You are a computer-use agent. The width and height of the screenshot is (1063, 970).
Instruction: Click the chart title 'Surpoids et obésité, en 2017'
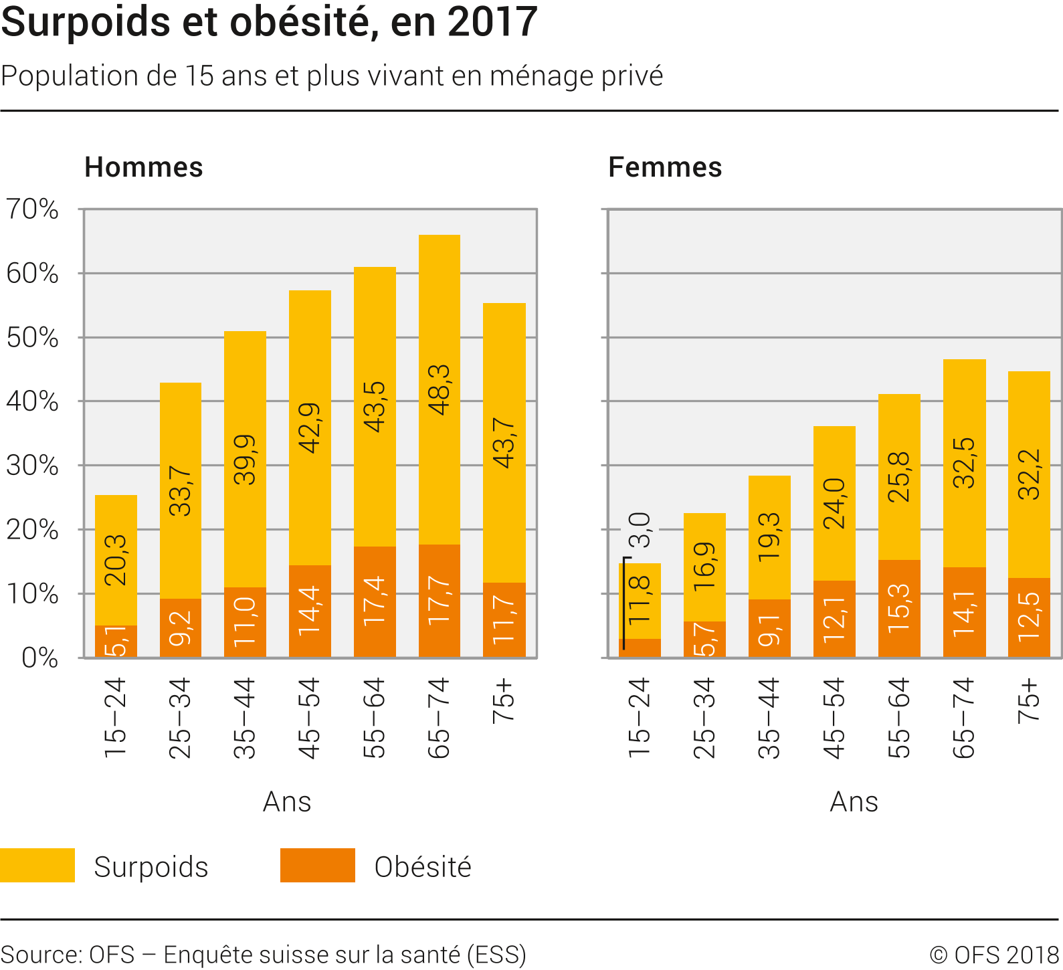click(x=269, y=21)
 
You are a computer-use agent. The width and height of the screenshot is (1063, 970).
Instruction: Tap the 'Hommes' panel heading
click(x=143, y=167)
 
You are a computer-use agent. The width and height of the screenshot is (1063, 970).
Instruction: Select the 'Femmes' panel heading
click(x=665, y=167)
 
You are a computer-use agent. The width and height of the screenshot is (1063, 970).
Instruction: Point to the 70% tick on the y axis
click(x=32, y=209)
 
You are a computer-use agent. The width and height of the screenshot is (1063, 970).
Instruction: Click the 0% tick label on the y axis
click(x=39, y=658)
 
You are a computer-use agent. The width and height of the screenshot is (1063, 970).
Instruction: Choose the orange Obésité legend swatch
click(x=317, y=866)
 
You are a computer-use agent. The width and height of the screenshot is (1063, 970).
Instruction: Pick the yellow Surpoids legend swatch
click(x=37, y=866)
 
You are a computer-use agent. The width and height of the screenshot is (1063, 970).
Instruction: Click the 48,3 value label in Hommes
click(x=440, y=390)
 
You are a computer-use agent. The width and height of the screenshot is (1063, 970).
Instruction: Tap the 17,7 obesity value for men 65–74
click(x=440, y=600)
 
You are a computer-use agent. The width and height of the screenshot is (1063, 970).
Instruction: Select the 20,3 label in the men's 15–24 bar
click(x=116, y=560)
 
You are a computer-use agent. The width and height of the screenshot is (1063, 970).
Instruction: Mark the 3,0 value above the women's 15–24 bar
click(x=640, y=530)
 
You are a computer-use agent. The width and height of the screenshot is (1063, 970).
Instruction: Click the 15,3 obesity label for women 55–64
click(x=899, y=607)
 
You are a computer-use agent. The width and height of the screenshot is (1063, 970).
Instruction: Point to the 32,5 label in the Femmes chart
click(x=964, y=463)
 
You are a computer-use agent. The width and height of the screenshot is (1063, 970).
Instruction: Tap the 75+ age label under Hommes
click(x=504, y=701)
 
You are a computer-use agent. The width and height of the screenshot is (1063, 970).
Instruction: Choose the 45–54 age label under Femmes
click(x=834, y=718)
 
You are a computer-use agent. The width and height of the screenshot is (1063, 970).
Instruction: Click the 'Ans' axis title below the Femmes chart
click(x=854, y=801)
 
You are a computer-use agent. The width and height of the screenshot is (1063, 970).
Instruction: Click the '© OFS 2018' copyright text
click(x=993, y=955)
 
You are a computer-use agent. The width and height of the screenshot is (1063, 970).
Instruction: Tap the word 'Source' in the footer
click(x=40, y=955)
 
